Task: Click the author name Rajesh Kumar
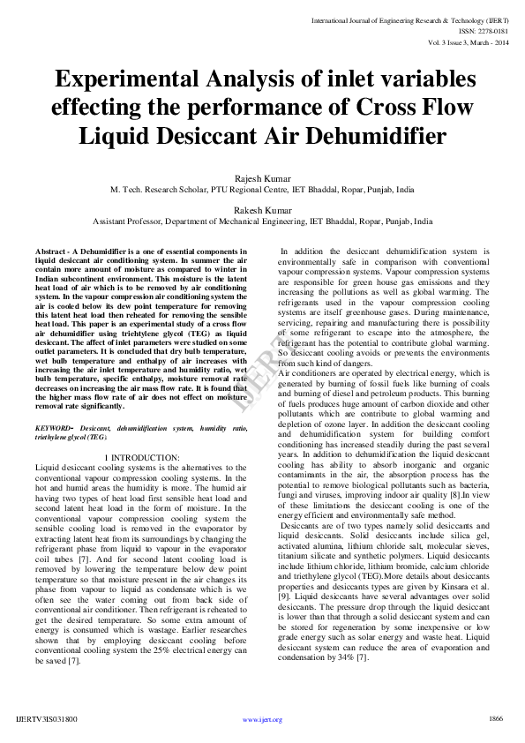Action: tap(262, 179)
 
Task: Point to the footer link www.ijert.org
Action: tap(262, 720)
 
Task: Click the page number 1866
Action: tap(495, 719)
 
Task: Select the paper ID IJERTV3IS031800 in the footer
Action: tap(47, 720)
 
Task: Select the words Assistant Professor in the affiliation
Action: tap(126, 222)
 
